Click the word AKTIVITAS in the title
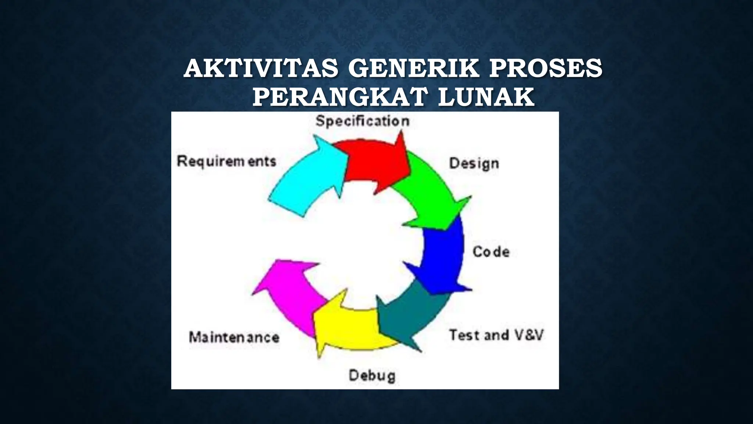click(x=261, y=68)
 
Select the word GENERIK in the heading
click(x=414, y=68)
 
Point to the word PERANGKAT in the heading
click(x=340, y=97)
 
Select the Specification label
click(x=363, y=121)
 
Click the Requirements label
click(x=226, y=161)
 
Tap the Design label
click(x=474, y=163)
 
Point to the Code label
click(x=491, y=252)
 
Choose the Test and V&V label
click(x=496, y=335)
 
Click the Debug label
click(x=372, y=376)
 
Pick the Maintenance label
click(x=234, y=337)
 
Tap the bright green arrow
click(x=430, y=191)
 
